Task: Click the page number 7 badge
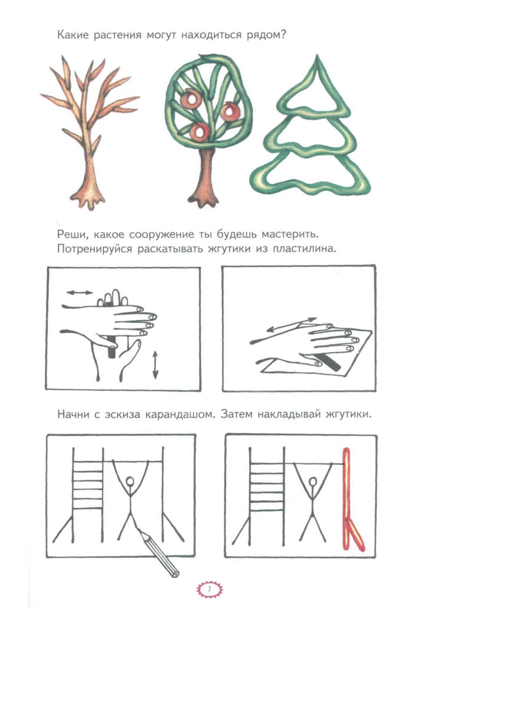pyautogui.click(x=209, y=589)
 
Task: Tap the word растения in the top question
pyautogui.click(x=117, y=35)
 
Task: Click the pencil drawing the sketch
pyautogui.click(x=158, y=552)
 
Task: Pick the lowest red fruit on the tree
pyautogui.click(x=200, y=131)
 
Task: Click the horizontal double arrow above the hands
pyautogui.click(x=80, y=292)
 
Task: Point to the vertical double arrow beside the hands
pyautogui.click(x=155, y=365)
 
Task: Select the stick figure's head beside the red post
pyautogui.click(x=313, y=483)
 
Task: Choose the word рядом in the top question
pyautogui.click(x=266, y=35)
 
